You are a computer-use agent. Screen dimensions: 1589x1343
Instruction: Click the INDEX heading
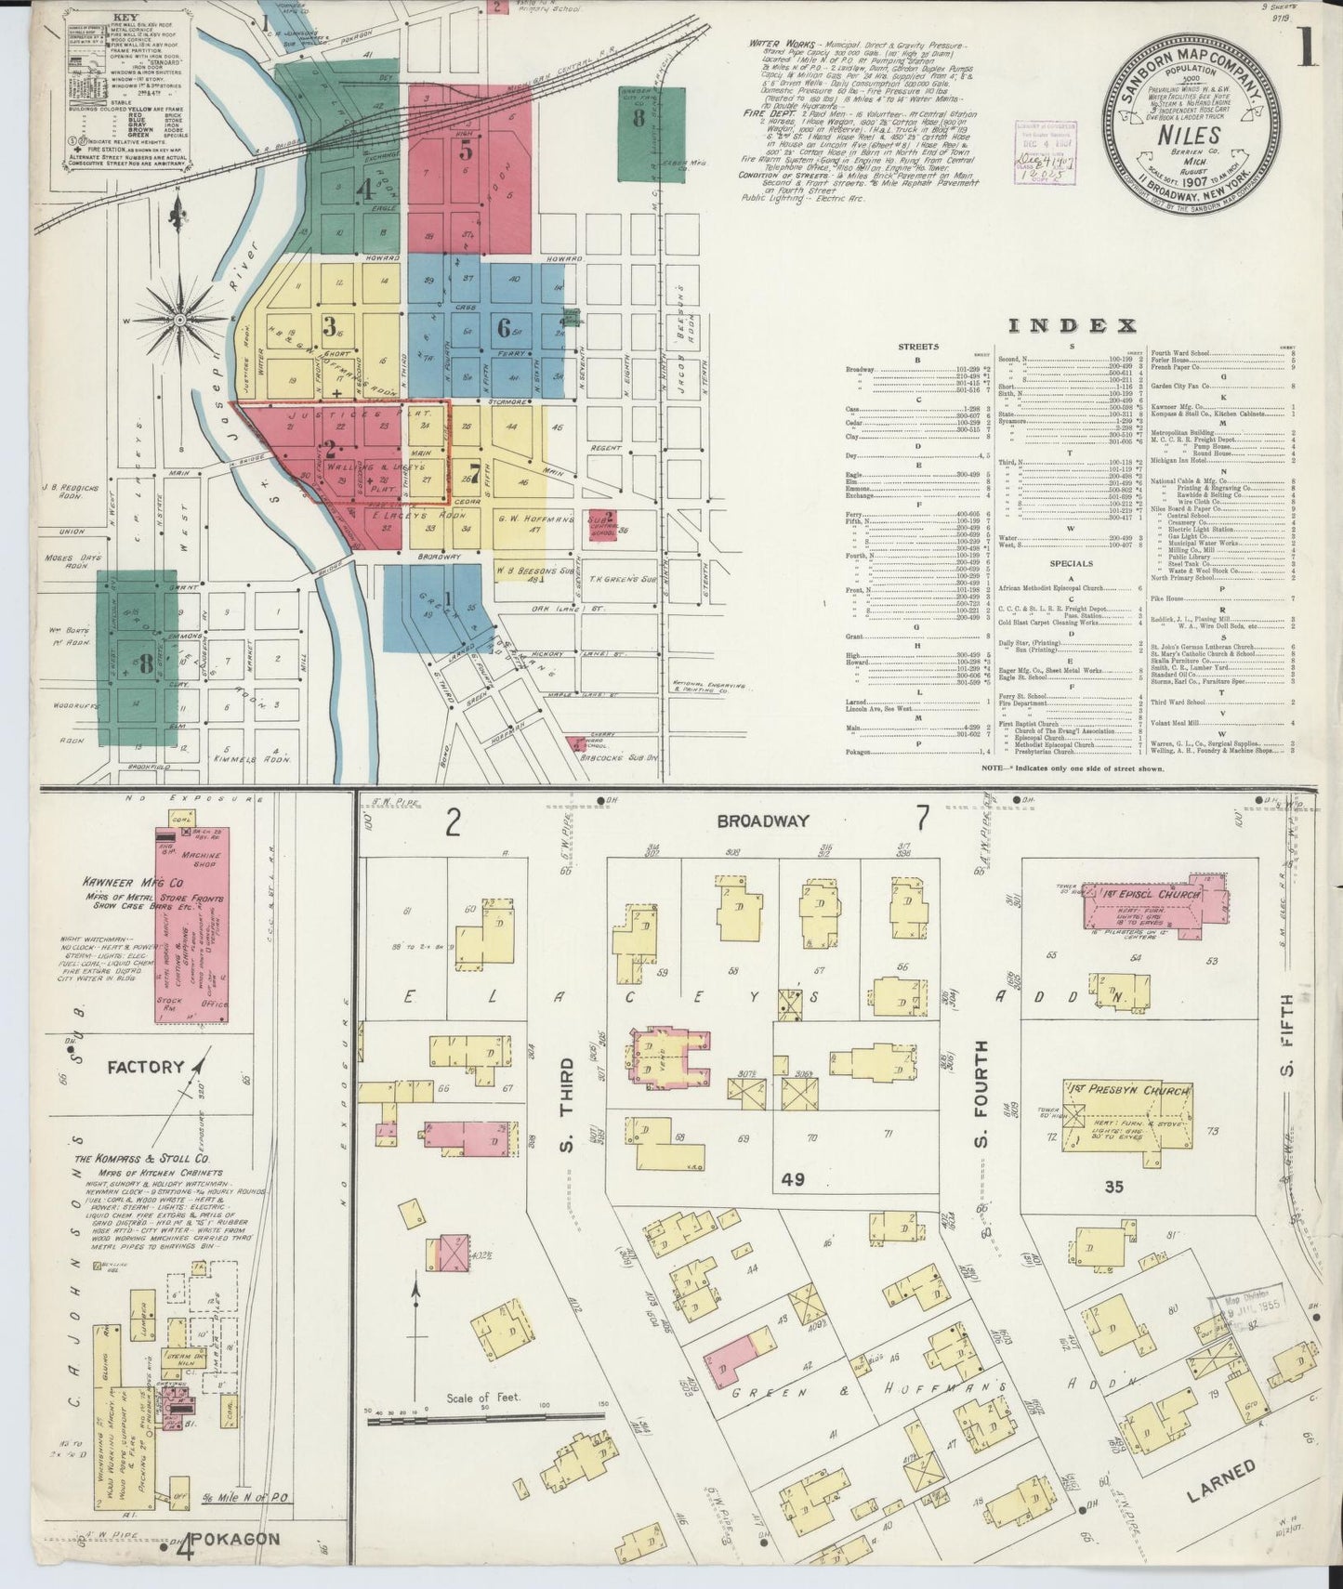coord(1072,325)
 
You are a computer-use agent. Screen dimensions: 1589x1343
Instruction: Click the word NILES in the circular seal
coord(1183,136)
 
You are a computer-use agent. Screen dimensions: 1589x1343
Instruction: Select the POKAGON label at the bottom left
coord(245,1538)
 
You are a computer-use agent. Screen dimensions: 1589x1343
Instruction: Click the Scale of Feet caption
coord(482,1398)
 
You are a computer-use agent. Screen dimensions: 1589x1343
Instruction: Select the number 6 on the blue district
coord(504,328)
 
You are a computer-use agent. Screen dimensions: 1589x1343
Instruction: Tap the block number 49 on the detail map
coord(792,1180)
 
